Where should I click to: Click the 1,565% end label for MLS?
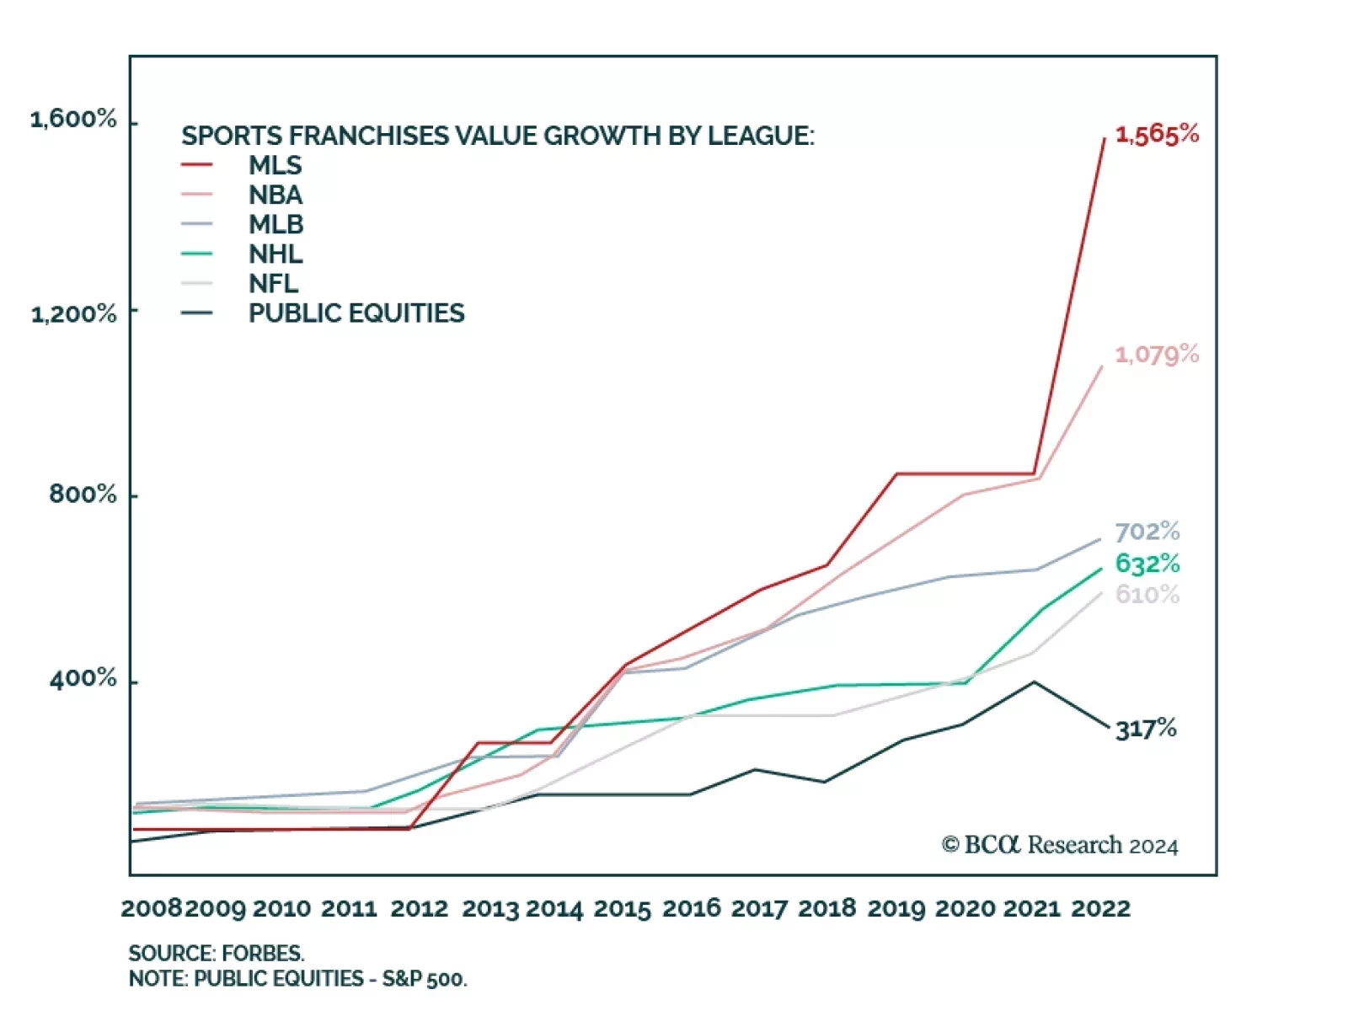pos(1157,135)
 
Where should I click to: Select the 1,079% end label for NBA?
pos(1157,355)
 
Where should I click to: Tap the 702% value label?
pos(1147,532)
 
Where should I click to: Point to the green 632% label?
pos(1147,564)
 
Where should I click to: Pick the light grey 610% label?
pos(1147,595)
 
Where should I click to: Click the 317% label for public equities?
pos(1146,729)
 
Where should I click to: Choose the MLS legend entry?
pos(275,165)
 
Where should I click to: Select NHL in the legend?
pos(275,254)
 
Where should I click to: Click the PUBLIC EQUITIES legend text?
pos(356,313)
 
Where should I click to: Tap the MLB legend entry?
pos(275,224)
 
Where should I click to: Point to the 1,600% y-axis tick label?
pos(73,119)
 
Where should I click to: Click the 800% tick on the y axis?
pos(83,494)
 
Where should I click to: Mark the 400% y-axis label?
pos(83,678)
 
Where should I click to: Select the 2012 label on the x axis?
pos(419,909)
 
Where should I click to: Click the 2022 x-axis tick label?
pos(1100,909)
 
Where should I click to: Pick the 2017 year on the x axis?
pos(760,909)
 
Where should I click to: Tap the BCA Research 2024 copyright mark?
pos(1060,845)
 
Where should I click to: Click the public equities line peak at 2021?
pos(1034,682)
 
